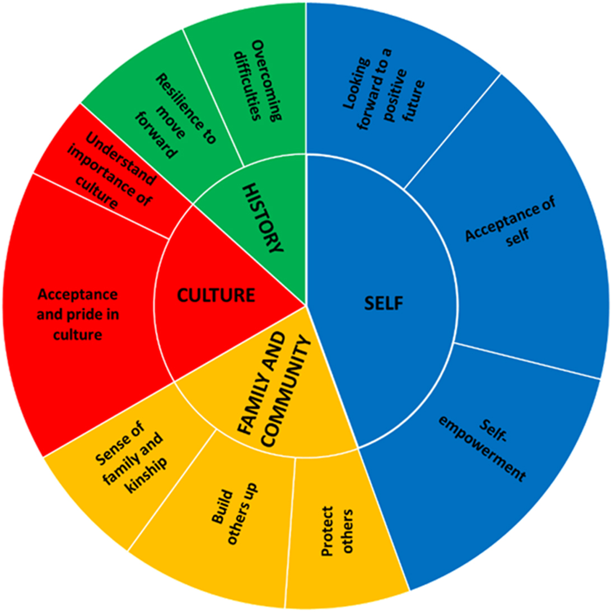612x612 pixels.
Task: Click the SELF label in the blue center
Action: click(x=384, y=303)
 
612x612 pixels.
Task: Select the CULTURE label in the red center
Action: click(x=216, y=295)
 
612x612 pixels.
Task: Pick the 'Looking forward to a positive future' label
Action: click(x=383, y=90)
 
